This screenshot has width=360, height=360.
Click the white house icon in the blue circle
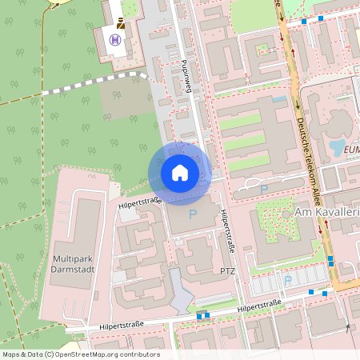point(180,172)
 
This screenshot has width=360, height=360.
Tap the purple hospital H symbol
point(117,40)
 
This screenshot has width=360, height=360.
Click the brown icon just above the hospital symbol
point(120,23)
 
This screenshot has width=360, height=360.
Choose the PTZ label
point(228,272)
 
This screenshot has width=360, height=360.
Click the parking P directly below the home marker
point(191,214)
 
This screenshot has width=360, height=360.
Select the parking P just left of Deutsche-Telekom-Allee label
point(263,190)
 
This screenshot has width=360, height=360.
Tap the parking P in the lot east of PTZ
point(288,281)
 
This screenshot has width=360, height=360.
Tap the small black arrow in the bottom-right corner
point(346,328)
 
